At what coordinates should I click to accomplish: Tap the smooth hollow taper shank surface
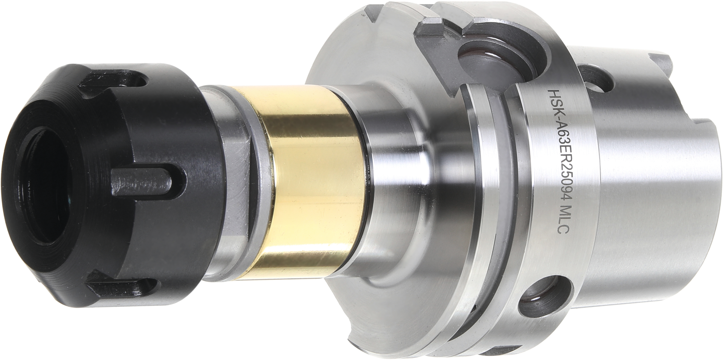tap(640, 211)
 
